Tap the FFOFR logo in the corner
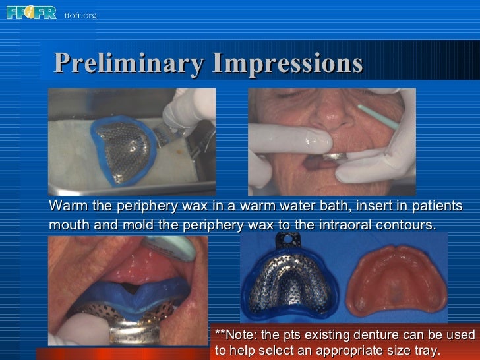click(31, 13)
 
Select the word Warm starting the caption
click(68, 206)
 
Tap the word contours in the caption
click(407, 224)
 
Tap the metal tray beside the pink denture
click(290, 284)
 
